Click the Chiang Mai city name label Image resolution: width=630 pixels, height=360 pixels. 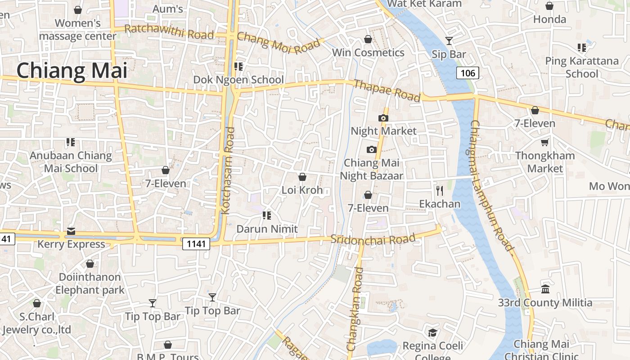[x=72, y=71]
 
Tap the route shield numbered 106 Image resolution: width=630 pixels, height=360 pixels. [x=468, y=73]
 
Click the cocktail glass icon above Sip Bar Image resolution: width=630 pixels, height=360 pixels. [x=449, y=41]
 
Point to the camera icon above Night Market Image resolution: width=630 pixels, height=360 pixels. [x=383, y=118]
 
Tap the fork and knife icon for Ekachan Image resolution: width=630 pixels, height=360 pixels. [x=440, y=191]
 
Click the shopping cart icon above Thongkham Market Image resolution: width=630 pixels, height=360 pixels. [x=545, y=143]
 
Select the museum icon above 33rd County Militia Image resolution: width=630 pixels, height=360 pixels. [x=545, y=289]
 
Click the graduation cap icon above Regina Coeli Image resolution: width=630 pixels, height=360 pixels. [x=432, y=333]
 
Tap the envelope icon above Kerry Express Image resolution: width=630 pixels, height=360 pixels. [x=71, y=231]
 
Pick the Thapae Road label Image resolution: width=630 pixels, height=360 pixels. [x=387, y=90]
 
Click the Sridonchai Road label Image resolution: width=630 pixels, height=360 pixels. [x=373, y=239]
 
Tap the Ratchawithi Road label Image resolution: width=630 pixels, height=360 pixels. [x=169, y=32]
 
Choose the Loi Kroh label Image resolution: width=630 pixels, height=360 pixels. [x=302, y=190]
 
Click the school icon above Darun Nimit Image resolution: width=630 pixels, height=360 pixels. [x=267, y=216]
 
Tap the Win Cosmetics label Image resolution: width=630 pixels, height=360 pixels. [x=368, y=53]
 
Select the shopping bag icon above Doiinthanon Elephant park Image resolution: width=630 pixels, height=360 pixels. [x=90, y=264]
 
